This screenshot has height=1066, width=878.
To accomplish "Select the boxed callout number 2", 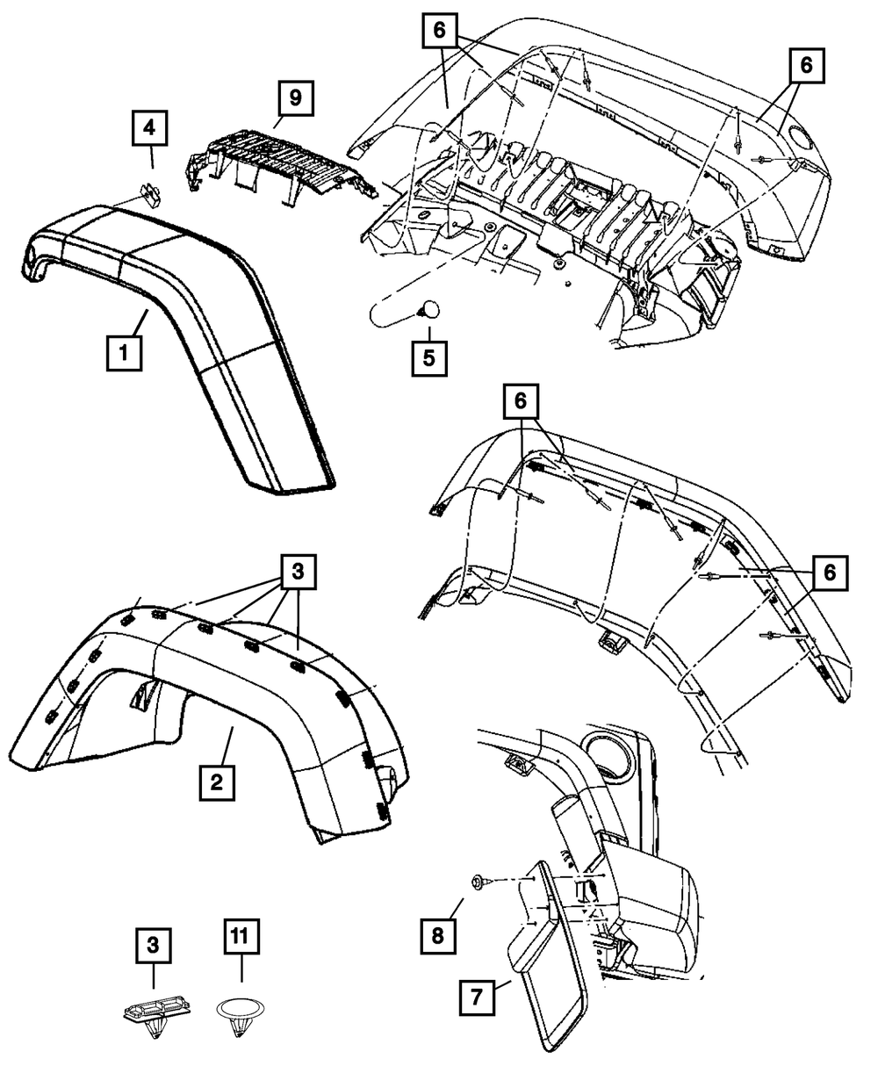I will tap(217, 781).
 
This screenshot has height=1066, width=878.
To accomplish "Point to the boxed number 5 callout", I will tap(428, 358).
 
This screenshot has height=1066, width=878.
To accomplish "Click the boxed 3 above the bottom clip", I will tap(153, 947).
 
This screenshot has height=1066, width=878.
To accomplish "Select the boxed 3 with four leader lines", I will tap(298, 572).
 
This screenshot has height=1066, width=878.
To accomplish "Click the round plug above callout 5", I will tap(428, 311).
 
